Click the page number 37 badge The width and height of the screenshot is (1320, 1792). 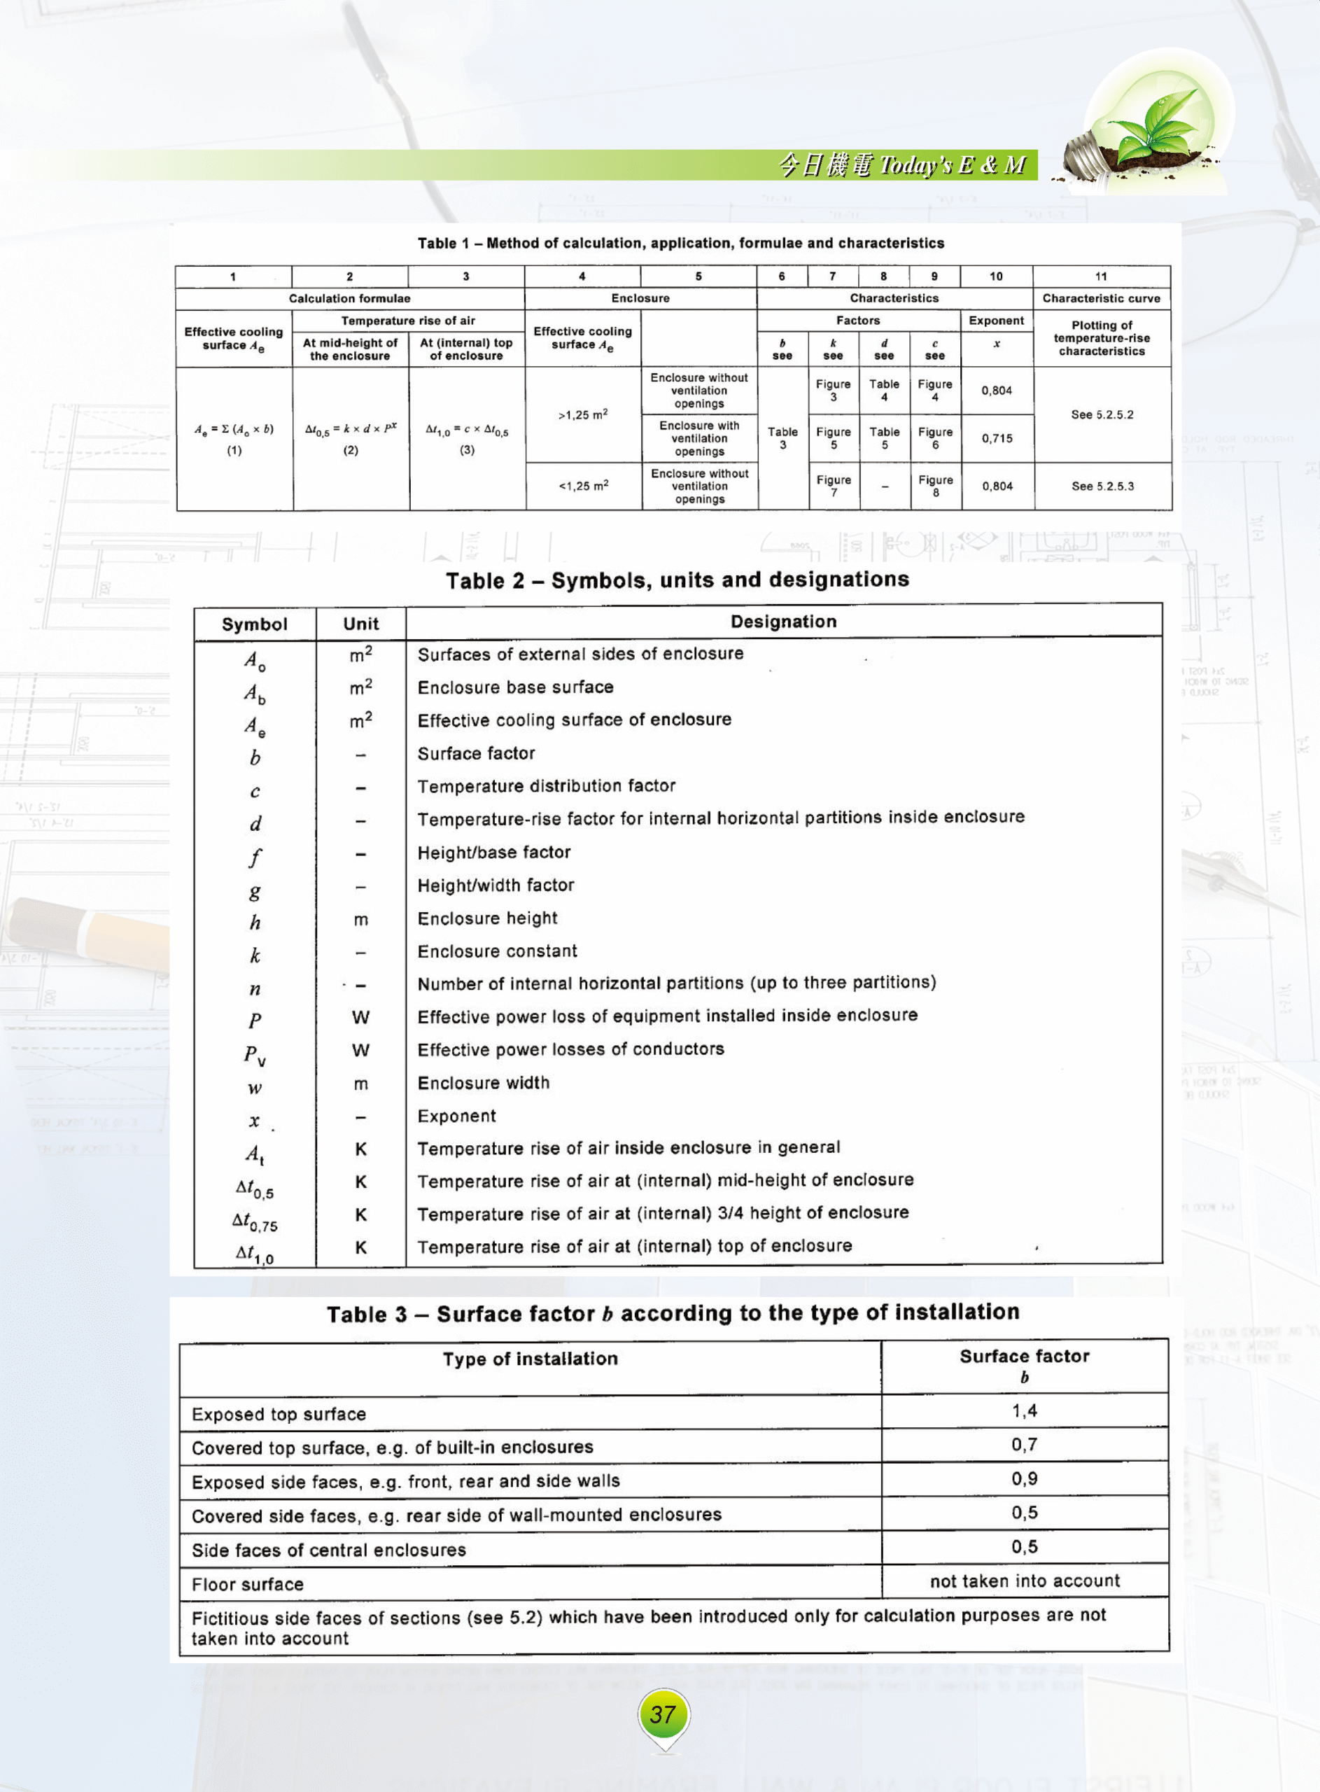tap(663, 1714)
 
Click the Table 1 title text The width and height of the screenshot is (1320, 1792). tap(680, 243)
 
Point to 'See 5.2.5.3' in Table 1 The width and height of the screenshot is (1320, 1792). tap(1102, 486)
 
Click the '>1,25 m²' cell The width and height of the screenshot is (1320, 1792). tap(582, 414)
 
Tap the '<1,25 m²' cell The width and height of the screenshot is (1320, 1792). tap(583, 486)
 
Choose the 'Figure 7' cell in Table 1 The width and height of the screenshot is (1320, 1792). tap(834, 486)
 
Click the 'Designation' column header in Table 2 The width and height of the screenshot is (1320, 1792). tap(783, 622)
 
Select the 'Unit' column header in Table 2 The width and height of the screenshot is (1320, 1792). tap(360, 624)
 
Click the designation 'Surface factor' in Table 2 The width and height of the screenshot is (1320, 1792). tap(476, 753)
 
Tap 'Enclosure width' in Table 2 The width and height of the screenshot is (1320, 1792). tap(484, 1083)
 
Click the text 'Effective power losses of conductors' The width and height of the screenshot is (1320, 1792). tap(570, 1049)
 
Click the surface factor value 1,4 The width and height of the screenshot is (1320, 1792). tap(1025, 1411)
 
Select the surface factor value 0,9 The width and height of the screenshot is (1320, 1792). tap(1025, 1479)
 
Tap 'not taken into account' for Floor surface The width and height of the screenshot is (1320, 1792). tap(1025, 1581)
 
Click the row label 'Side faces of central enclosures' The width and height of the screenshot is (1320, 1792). tap(328, 1550)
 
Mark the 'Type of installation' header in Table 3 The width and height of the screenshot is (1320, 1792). tap(530, 1359)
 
